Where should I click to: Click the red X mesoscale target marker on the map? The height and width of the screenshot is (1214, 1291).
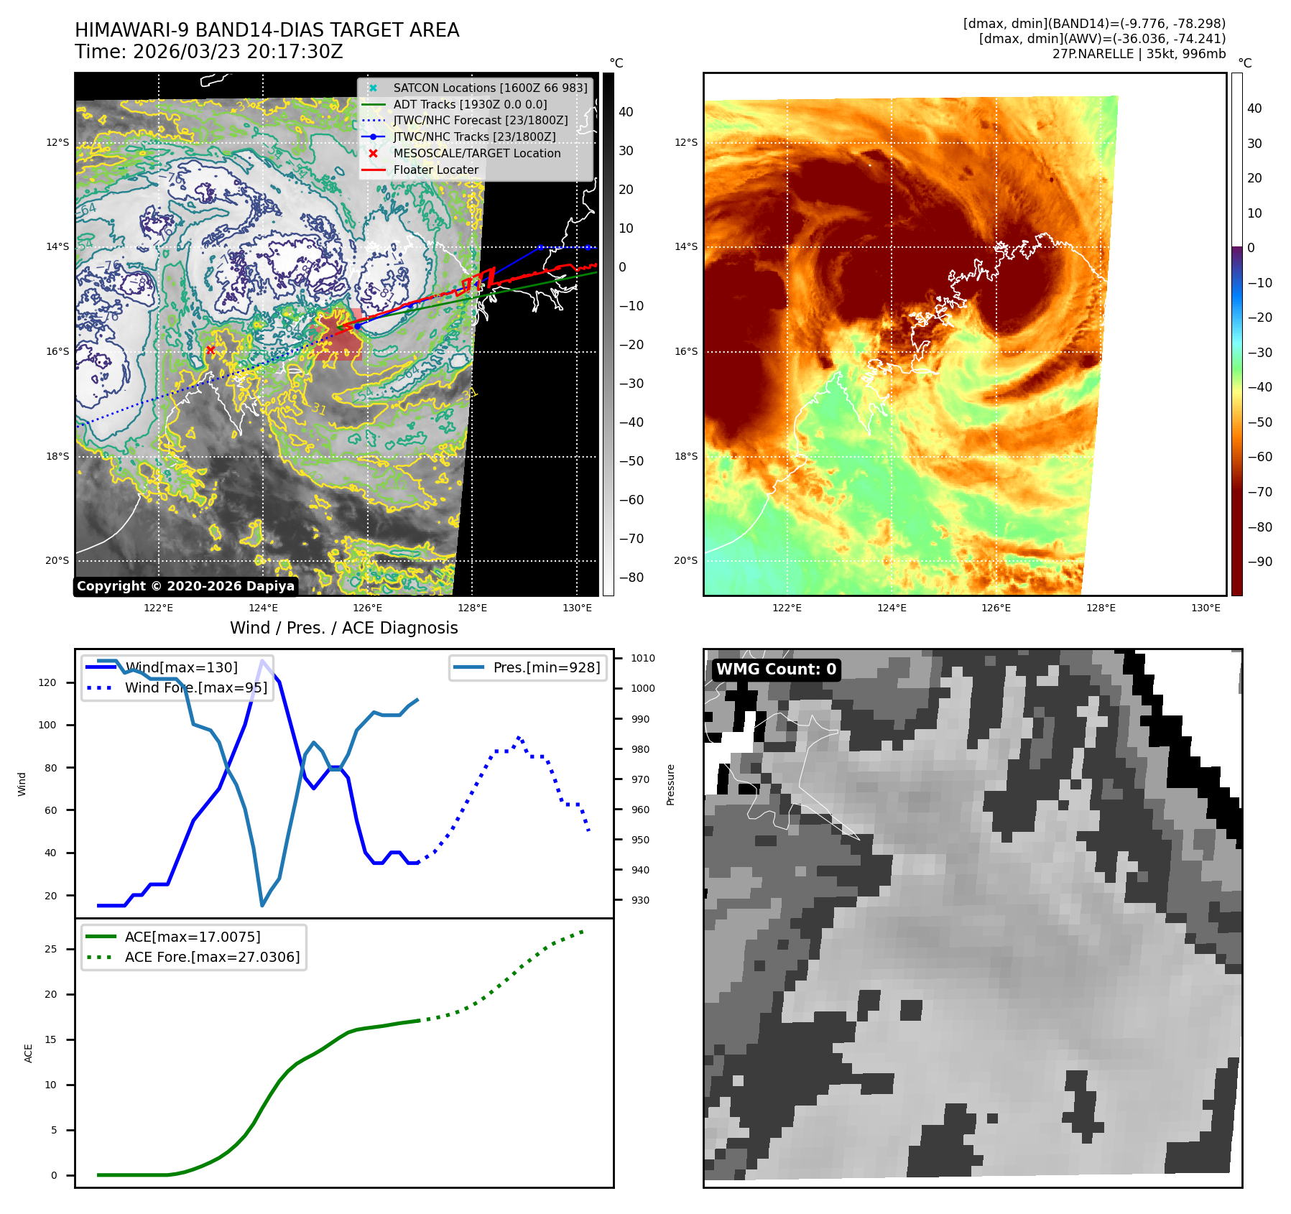click(x=210, y=350)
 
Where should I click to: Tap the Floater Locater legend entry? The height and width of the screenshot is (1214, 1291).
click(x=435, y=170)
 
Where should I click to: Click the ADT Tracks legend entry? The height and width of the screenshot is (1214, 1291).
click(x=470, y=104)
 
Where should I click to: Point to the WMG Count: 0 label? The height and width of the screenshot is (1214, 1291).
click(x=776, y=669)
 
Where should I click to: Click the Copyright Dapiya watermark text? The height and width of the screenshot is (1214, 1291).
click(x=185, y=586)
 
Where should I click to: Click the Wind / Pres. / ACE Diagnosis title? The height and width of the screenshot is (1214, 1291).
click(x=343, y=628)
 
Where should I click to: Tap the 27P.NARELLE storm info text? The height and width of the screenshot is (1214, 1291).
click(x=1139, y=54)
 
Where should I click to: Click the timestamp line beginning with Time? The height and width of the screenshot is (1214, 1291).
click(x=208, y=52)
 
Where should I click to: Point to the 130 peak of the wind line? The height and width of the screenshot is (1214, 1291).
click(x=262, y=661)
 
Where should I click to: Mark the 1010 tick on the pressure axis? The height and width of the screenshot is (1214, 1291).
click(x=642, y=658)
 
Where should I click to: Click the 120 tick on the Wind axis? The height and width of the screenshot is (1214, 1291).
click(x=47, y=682)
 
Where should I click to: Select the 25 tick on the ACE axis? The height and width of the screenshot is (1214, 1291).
click(x=50, y=949)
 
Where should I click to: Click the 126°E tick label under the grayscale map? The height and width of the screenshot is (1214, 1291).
click(x=367, y=608)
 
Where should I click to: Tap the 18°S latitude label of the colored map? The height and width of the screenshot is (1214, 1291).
click(x=685, y=456)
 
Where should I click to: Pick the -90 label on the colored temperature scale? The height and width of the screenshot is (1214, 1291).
click(x=1259, y=562)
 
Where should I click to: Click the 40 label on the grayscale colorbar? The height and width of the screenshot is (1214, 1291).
click(x=626, y=112)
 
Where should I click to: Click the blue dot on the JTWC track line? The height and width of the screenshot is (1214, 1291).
click(x=358, y=326)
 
